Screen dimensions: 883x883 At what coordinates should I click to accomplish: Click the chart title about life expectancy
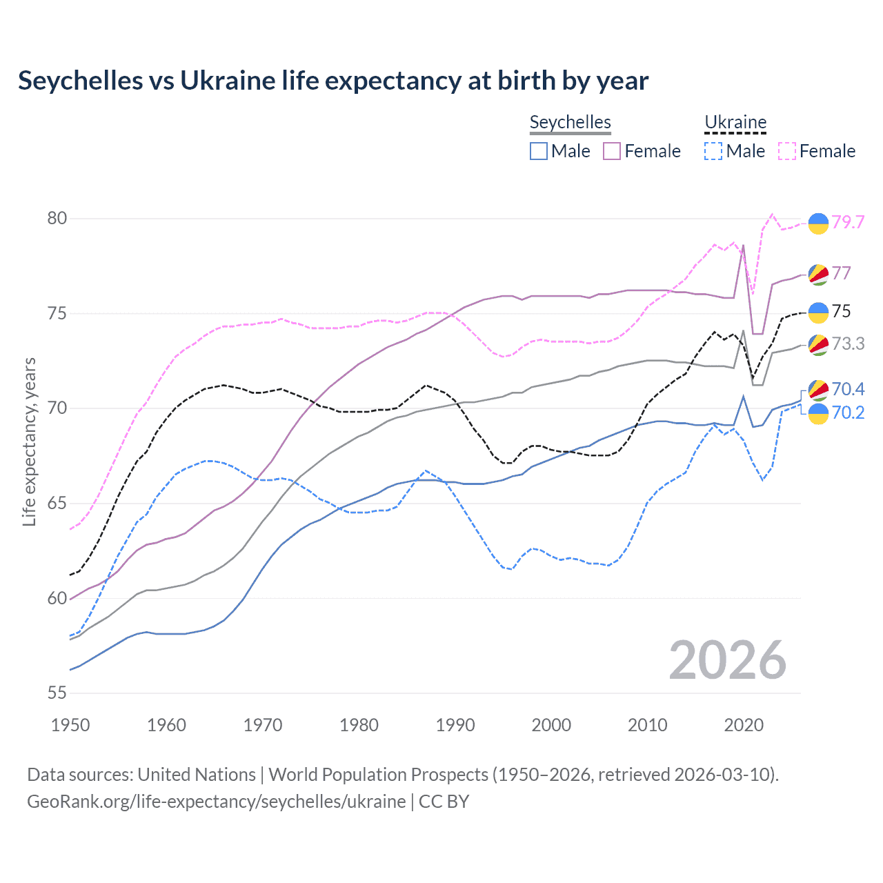point(333,81)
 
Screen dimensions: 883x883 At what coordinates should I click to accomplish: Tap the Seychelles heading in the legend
point(570,122)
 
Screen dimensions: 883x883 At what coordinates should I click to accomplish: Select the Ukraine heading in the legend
point(735,122)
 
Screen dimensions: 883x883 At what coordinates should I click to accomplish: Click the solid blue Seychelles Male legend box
point(539,151)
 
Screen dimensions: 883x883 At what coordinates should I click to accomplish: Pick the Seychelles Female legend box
point(612,151)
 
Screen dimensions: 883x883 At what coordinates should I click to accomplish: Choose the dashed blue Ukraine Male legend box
point(713,151)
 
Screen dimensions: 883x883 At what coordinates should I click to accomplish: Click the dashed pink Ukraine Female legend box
point(787,151)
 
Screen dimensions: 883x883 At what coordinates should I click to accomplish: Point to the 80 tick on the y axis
point(57,218)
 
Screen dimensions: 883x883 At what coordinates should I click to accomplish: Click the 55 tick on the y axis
point(57,693)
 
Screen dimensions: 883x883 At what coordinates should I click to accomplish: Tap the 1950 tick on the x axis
point(70,725)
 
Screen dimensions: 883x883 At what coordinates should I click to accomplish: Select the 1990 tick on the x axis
point(455,725)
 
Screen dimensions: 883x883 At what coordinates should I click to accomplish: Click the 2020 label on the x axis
point(744,725)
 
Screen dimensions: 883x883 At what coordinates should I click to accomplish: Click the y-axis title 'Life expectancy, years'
point(30,441)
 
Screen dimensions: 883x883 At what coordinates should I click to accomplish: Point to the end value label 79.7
point(848,222)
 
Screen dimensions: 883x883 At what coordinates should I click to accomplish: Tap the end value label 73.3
point(848,344)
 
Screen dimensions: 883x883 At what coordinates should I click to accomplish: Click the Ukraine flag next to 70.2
point(818,414)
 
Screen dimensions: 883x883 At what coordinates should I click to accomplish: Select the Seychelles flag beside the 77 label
point(818,274)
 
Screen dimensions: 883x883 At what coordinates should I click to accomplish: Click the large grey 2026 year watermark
point(727,660)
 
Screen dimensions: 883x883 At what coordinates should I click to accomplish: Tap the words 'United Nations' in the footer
point(197,775)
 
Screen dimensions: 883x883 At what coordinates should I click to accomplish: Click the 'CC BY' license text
point(444,802)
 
